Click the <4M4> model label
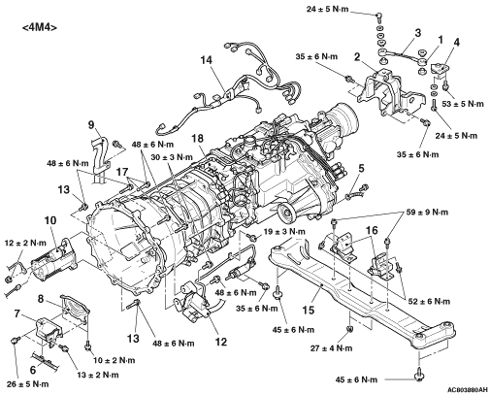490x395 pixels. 40,27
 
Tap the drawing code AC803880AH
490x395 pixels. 468,390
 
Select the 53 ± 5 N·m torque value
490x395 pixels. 462,104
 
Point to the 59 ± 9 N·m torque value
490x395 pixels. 427,213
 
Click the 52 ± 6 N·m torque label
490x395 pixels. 429,302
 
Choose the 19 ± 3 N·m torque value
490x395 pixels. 284,232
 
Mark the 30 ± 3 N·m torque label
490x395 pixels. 172,157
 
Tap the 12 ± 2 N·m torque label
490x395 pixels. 25,243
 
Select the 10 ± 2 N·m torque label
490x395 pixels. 114,360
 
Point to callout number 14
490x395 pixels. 207,60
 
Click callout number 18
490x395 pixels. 198,139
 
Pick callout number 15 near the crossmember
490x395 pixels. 309,310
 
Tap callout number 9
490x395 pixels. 91,124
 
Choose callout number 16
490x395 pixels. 372,230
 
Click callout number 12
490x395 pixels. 221,342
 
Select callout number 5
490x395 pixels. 361,168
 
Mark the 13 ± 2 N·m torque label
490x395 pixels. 98,375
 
